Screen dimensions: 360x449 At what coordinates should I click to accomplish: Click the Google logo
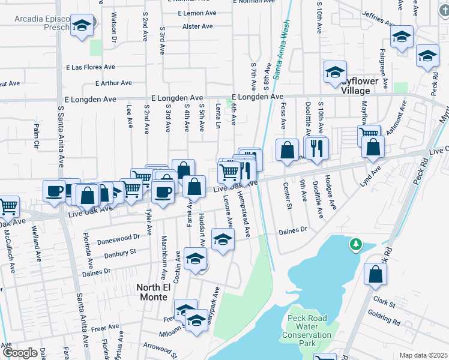pos(19,353)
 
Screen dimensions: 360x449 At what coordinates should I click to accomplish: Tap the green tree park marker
pos(356,244)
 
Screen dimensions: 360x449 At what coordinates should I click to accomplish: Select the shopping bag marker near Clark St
pos(375,275)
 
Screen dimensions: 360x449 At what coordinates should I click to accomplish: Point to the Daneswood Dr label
pos(119,239)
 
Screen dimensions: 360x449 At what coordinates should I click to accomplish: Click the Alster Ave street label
pos(198,27)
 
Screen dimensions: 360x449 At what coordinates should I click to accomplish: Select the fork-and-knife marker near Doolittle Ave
pos(317,148)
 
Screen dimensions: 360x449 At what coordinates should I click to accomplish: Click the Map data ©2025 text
pos(423,355)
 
